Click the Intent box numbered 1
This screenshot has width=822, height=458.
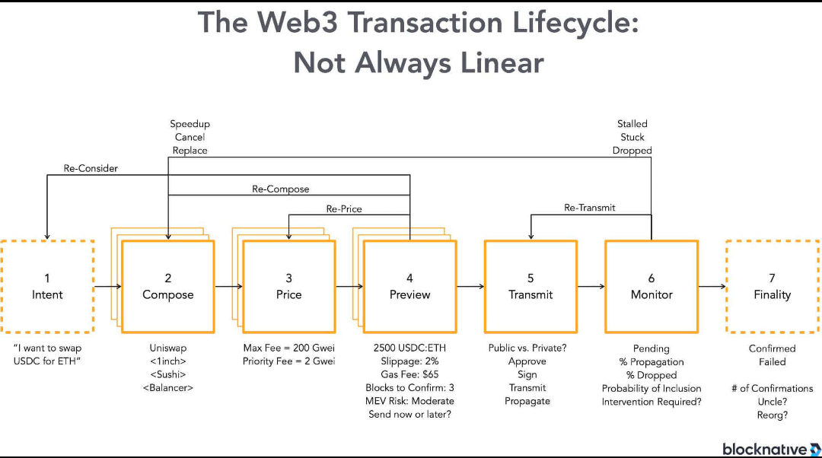pyautogui.click(x=47, y=286)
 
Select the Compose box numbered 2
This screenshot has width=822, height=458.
pyautogui.click(x=168, y=286)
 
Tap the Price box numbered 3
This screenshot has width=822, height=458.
pyautogui.click(x=288, y=286)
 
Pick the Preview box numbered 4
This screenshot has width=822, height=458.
pyautogui.click(x=409, y=286)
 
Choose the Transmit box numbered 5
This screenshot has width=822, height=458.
pyautogui.click(x=530, y=286)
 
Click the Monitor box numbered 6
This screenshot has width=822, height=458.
pyautogui.click(x=652, y=286)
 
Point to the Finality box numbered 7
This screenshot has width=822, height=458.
pyautogui.click(x=772, y=286)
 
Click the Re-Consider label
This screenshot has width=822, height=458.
pyautogui.click(x=92, y=168)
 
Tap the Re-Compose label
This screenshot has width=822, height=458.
pyautogui.click(x=281, y=189)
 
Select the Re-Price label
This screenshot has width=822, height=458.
pyautogui.click(x=344, y=208)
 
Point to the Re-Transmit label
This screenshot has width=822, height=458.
pyautogui.click(x=590, y=207)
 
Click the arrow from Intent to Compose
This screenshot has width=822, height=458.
pyautogui.click(x=107, y=287)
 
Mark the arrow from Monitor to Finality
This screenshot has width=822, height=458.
pyautogui.click(x=712, y=287)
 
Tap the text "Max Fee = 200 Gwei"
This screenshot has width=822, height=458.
pyautogui.click(x=288, y=348)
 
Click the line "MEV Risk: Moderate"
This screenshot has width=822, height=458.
pyautogui.click(x=409, y=401)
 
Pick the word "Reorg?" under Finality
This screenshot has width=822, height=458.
pyautogui.click(x=772, y=415)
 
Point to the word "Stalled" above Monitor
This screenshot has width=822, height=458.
pyautogui.click(x=632, y=123)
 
